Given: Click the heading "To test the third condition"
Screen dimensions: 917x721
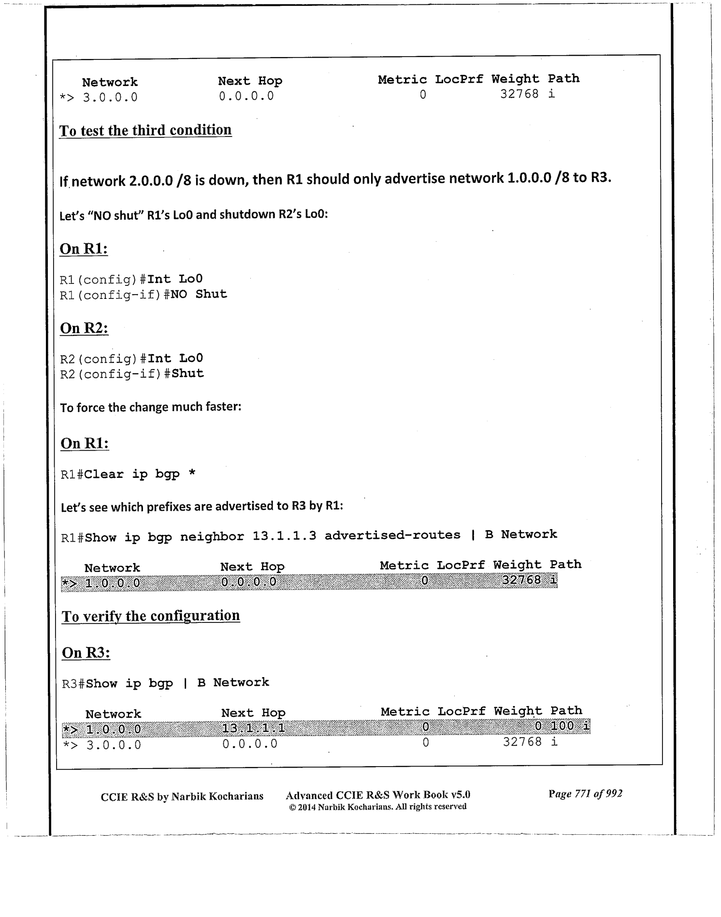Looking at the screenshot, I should tap(145, 131).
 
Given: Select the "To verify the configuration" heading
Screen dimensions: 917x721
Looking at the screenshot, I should tap(151, 616).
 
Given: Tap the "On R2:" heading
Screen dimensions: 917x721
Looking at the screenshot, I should tap(84, 328).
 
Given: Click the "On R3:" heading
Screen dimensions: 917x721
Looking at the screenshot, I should tap(86, 653).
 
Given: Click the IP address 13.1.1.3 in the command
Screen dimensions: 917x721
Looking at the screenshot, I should tap(284, 535).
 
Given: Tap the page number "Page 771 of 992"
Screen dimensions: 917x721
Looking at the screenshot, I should tap(585, 794).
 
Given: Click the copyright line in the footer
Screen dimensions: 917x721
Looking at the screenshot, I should tap(377, 807).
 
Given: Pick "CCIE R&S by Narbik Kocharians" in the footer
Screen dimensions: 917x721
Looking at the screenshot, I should tap(182, 796).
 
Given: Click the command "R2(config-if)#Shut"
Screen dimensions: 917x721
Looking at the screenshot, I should tap(132, 374).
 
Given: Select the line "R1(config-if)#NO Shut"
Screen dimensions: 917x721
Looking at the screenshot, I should tap(143, 295).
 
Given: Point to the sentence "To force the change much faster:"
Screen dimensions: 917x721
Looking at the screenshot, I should tap(150, 407).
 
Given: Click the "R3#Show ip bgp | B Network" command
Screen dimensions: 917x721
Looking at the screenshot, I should tap(165, 683).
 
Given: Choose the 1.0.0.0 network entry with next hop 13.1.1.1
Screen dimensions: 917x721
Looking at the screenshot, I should tap(114, 729).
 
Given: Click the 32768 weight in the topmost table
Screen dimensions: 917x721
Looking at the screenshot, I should tap(519, 94).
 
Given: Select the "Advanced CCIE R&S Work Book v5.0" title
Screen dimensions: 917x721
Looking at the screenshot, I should tap(378, 795).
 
